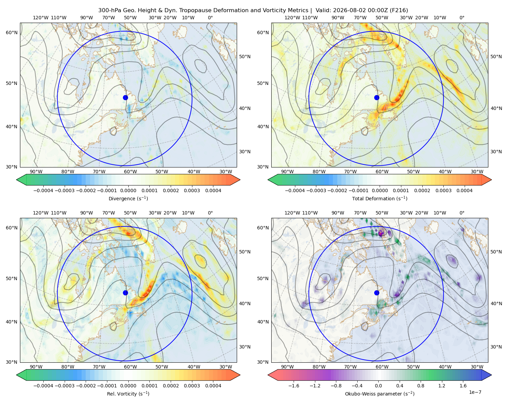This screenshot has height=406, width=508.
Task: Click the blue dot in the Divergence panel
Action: pos(125,97)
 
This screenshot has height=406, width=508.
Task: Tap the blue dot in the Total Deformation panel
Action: pos(377,97)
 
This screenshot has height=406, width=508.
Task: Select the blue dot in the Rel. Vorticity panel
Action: pos(125,293)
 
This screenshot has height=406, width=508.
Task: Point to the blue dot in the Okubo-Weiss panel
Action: pos(377,293)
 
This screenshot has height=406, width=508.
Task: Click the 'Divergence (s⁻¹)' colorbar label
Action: pos(128,198)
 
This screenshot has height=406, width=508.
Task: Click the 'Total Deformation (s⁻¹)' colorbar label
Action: pos(380,198)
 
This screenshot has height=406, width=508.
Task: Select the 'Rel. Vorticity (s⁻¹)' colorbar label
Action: pos(128,393)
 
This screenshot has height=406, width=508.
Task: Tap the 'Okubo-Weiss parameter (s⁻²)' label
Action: pos(380,393)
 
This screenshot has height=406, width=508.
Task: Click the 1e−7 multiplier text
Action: pos(475,392)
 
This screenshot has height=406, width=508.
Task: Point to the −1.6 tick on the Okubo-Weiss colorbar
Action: pos(294,386)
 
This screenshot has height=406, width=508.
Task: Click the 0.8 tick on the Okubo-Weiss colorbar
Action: pos(421,386)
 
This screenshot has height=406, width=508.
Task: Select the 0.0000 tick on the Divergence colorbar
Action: pos(128,190)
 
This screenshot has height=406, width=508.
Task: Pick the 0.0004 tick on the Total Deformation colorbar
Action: pos(464,190)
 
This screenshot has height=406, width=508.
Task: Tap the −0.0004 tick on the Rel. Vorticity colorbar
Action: pos(43,386)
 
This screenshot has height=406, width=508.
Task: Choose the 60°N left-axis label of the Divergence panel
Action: pos(12,32)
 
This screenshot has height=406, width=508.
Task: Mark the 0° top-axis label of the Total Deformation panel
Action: pos(462,18)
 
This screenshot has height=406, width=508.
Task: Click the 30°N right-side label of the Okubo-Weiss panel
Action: pos(496,347)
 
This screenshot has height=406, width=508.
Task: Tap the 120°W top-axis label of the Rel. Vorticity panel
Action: pos(41,213)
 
